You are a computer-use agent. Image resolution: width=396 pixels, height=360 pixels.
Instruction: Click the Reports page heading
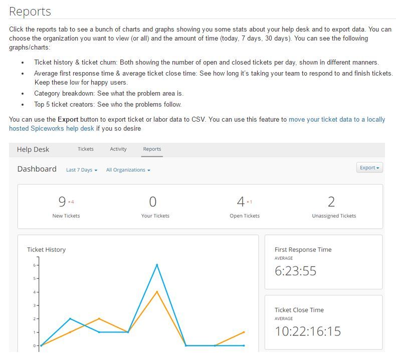click(30, 11)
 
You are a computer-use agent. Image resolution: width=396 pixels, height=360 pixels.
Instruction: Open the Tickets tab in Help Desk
click(86, 149)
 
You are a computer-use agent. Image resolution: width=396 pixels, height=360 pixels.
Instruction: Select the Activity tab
click(118, 149)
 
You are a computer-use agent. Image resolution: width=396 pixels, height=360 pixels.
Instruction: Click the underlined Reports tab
click(152, 149)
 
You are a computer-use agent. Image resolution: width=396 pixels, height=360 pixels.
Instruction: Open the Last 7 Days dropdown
click(81, 170)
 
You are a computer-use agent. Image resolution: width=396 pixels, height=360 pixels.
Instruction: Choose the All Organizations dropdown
click(128, 170)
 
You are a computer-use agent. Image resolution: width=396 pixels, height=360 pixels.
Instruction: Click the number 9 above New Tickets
click(62, 202)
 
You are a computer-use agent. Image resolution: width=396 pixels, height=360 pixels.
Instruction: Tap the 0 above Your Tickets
click(153, 202)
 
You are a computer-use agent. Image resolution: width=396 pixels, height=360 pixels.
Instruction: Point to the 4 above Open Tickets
click(241, 202)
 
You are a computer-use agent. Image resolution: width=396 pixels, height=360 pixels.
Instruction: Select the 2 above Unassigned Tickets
click(331, 202)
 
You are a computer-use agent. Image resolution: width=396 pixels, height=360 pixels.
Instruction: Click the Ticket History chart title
click(46, 249)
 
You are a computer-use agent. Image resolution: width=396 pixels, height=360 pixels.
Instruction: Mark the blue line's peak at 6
click(157, 265)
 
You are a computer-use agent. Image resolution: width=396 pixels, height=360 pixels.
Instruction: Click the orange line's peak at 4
click(157, 291)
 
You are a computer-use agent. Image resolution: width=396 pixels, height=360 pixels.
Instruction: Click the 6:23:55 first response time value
click(296, 271)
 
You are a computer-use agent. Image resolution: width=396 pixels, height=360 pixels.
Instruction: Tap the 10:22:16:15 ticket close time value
click(308, 331)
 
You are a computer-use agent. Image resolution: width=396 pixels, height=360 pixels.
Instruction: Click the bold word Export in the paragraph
click(68, 120)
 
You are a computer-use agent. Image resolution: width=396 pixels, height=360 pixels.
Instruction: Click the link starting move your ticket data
click(337, 120)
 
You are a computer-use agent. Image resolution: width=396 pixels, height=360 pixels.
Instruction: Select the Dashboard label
click(37, 169)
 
